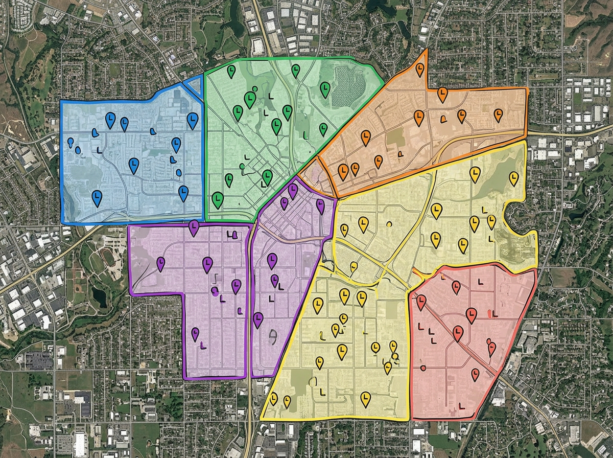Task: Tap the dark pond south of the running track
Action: click(100, 296)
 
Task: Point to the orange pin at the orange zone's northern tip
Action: click(420, 68)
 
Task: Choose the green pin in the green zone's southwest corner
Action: click(218, 198)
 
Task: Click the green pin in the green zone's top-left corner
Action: click(231, 71)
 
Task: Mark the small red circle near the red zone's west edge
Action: click(423, 368)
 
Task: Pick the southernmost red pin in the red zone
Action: click(475, 374)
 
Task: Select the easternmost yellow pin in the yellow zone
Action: click(513, 178)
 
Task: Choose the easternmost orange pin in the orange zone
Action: click(498, 114)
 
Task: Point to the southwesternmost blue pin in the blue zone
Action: click(97, 197)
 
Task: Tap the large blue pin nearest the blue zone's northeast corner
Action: click(192, 120)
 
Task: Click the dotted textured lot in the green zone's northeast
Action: click(349, 86)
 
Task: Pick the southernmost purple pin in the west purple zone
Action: click(195, 334)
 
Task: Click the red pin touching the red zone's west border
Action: click(421, 302)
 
